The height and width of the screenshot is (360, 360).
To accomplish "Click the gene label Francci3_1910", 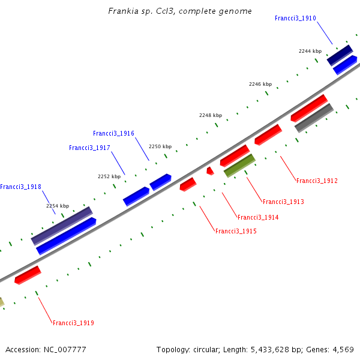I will (x=295, y=18).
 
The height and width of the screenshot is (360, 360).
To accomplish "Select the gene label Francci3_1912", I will (x=317, y=181).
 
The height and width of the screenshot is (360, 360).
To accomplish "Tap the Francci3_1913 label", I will (x=283, y=202).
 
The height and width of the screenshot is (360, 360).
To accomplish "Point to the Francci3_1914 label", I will (x=258, y=217).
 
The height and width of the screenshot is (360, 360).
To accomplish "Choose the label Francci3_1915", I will (x=236, y=231).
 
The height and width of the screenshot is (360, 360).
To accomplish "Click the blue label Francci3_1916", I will (x=113, y=133).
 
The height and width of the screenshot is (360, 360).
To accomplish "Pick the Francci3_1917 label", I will (x=89, y=148).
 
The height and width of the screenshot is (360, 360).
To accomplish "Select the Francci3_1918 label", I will (x=20, y=187).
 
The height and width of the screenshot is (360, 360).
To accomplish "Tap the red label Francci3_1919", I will (x=73, y=323).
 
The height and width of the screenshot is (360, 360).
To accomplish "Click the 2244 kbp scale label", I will (x=310, y=51).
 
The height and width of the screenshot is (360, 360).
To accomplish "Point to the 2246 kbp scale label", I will (x=260, y=84).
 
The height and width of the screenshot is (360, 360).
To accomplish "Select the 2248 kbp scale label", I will (x=211, y=115).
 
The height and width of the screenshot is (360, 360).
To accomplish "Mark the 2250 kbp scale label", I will (x=160, y=146).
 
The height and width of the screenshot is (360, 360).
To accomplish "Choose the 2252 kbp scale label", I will (x=109, y=176).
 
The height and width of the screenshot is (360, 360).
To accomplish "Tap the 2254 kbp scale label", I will (x=58, y=206).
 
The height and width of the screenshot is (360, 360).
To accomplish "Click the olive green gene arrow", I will (x=239, y=165).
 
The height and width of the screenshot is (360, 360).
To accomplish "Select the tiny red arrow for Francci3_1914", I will (x=210, y=171).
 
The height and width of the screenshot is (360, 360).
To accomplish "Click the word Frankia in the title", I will (x=122, y=11).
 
